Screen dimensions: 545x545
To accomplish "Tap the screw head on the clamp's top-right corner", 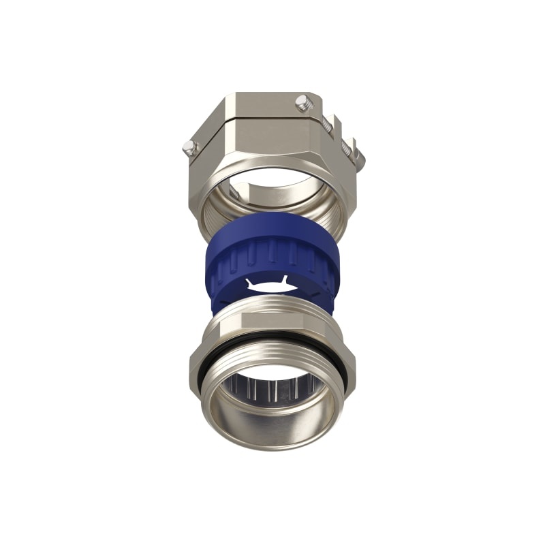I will click(x=303, y=103).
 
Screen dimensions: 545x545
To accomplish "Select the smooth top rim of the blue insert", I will click(x=272, y=222).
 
